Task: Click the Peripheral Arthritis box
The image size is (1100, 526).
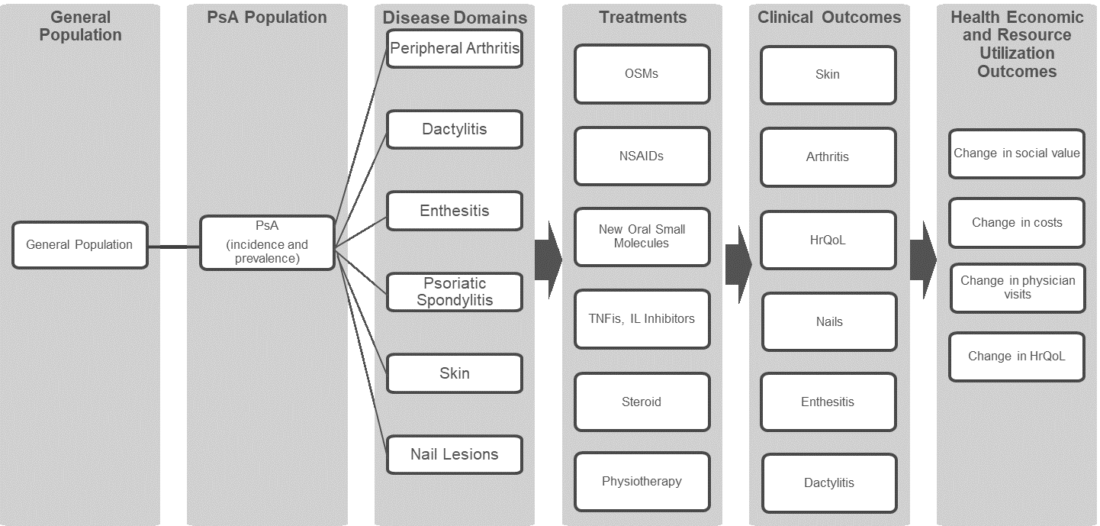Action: pos(455,49)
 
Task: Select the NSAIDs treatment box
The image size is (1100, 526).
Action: pos(642,156)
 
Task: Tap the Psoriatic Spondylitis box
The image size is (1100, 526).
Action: pos(455,292)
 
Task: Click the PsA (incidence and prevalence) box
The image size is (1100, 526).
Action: pos(267,243)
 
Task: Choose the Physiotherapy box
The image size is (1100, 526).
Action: pos(642,482)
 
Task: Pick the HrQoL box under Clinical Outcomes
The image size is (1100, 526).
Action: pos(828,240)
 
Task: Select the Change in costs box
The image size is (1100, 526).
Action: pos(1016,223)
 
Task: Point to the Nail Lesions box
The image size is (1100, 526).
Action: pos(455,454)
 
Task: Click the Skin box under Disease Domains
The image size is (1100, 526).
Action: pos(455,373)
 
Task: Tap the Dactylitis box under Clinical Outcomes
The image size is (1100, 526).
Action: pos(829,482)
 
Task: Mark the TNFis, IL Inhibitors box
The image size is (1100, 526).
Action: pos(642,319)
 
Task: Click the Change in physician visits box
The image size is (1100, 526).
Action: pos(1018,288)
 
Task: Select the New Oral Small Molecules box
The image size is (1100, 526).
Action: pos(642,237)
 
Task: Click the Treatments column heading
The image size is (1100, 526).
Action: pos(642,18)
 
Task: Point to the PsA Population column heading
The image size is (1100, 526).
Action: pos(267,18)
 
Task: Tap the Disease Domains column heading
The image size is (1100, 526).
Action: pos(455,18)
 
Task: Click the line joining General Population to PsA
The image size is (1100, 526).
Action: pos(173,247)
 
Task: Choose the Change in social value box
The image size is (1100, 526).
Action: pos(1016,153)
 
